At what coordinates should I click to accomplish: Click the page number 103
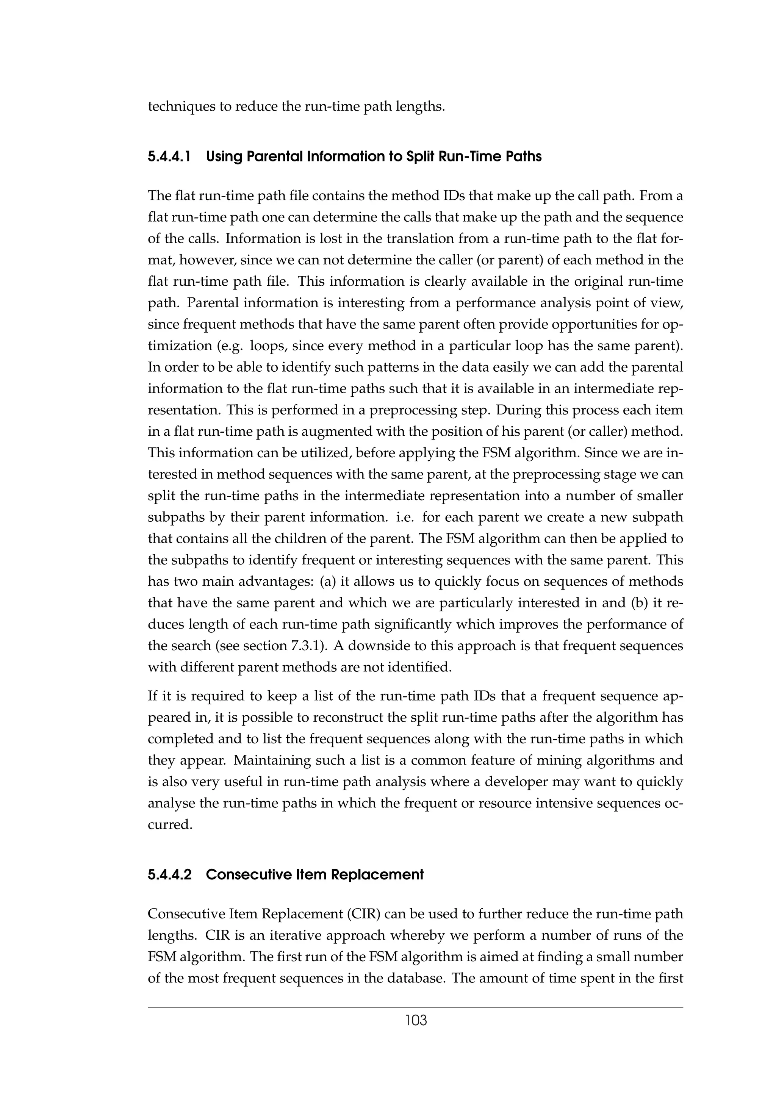416,1021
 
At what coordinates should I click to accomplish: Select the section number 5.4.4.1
169,157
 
